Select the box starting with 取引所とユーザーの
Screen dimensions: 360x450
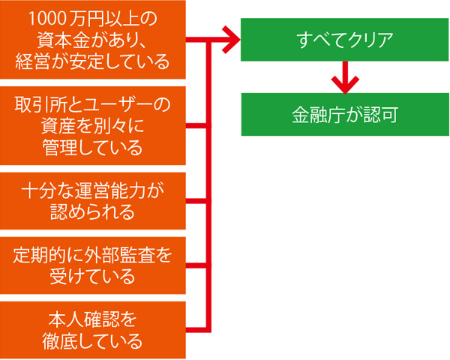click(93, 124)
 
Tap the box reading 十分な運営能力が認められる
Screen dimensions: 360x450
click(93, 200)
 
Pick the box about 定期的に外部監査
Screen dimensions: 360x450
click(93, 265)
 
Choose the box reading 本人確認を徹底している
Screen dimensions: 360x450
click(93, 330)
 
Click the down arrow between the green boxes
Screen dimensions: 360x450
click(344, 76)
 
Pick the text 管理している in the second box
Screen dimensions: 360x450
click(93, 147)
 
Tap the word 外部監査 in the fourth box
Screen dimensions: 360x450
click(113, 253)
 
